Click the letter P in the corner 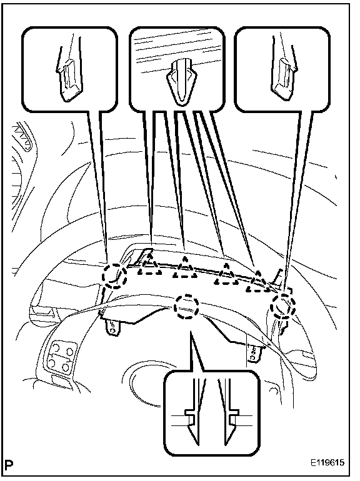(10, 464)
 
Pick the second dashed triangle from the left (185, 268)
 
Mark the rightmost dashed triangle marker (258, 281)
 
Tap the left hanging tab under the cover (112, 327)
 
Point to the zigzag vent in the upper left (22, 137)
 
